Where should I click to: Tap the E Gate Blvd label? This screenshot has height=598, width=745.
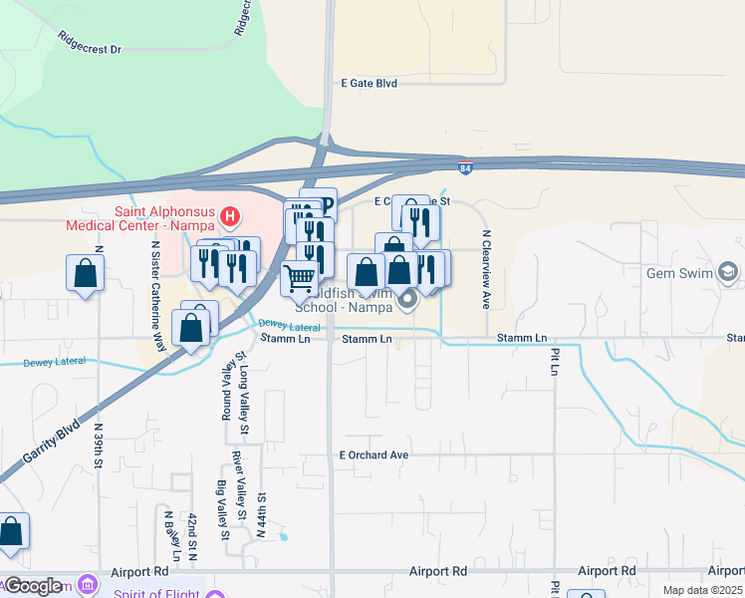click(x=369, y=84)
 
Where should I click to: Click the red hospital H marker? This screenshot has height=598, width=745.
click(x=230, y=215)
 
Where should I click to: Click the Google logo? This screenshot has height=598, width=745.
click(x=32, y=586)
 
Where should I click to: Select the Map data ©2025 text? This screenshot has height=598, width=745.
click(x=702, y=590)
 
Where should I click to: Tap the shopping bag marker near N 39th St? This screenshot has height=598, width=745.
click(x=86, y=274)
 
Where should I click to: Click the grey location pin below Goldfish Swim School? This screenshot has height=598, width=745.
click(x=406, y=298)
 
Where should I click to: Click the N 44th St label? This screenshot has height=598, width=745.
click(x=261, y=515)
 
